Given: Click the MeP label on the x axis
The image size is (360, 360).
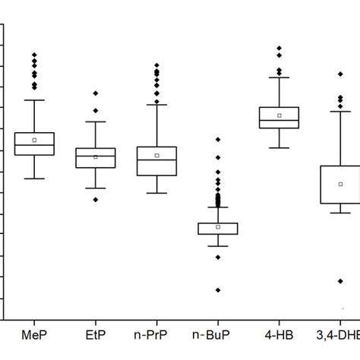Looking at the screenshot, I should coord(35,335).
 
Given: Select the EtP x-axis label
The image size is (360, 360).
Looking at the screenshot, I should coord(96,335).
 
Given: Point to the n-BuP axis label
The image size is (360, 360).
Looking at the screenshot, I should coord(217,335).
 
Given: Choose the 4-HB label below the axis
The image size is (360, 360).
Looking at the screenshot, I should coord(279,335).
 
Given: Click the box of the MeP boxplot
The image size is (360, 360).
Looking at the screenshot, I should coord(34,143).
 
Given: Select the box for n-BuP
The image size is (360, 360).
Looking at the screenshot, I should coord(218,228).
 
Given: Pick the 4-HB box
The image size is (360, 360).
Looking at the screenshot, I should coord(279,118).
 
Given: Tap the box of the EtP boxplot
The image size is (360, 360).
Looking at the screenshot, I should coord(96,158).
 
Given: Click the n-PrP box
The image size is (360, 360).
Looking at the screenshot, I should coord(156,161).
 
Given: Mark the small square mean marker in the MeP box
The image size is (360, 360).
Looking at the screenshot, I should coord(34,140).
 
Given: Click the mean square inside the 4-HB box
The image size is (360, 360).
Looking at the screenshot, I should coord(279,115).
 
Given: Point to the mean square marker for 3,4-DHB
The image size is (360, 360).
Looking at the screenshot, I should coord(340,184).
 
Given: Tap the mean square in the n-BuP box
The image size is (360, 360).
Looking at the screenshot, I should coord(218,226).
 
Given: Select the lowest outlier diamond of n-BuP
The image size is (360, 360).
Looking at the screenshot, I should coord(218,290).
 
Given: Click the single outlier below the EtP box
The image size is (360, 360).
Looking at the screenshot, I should coord(96,200).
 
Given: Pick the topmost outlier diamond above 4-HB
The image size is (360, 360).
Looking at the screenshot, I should coord(279,49).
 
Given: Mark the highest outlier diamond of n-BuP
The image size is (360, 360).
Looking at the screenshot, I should coord(218,140).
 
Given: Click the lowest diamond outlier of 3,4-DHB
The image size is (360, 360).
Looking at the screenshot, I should coord(340,281).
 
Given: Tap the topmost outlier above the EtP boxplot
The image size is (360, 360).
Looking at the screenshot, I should coord(96,93).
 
